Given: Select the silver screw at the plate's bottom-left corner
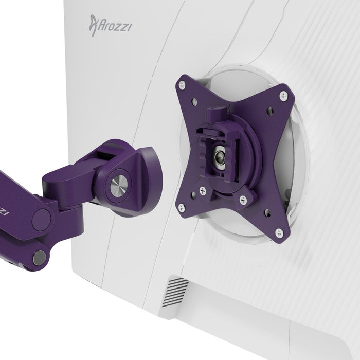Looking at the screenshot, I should coord(181,207).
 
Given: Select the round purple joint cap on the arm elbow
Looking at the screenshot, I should coord(41,220).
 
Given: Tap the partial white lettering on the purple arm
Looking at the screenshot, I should coord(3,211).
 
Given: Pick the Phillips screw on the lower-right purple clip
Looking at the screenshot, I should coord(243,200).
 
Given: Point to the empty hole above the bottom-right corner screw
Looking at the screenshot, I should coord(267,212).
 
